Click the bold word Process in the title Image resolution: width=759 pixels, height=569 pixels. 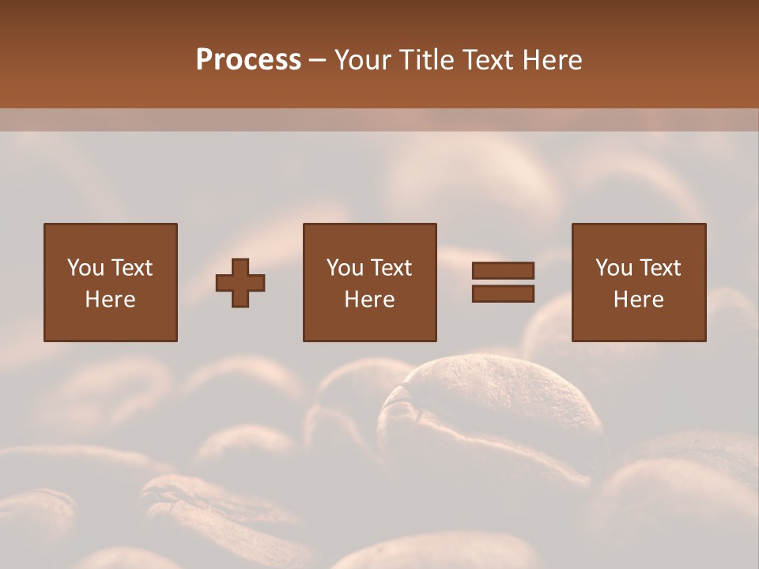coord(248,60)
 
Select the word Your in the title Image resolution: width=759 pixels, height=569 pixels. coord(362,60)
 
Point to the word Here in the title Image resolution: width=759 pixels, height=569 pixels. coord(553,60)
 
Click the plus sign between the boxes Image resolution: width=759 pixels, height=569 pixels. coord(240,282)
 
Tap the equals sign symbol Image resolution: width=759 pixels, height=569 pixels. coord(503,282)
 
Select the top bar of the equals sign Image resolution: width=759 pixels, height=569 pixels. coord(503,271)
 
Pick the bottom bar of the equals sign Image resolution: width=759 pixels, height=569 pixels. coord(503,294)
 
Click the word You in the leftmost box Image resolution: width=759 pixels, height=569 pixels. coord(85,268)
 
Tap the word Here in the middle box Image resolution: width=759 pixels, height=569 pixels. coord(369,300)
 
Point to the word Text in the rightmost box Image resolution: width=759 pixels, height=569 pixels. coord(659,268)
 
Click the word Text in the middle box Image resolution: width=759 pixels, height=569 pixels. coord(391,268)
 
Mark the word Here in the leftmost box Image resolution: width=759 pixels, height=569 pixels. coord(111,300)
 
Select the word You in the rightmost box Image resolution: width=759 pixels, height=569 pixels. coord(614,268)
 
